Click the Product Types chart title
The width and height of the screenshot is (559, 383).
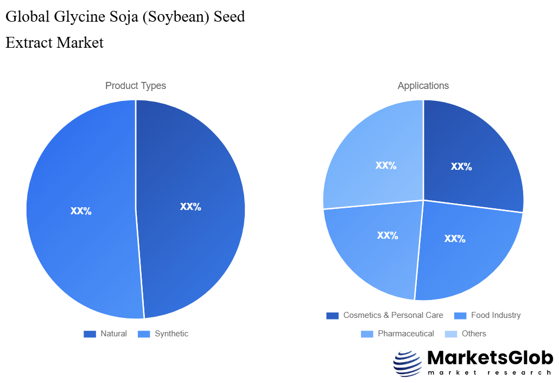(136, 86)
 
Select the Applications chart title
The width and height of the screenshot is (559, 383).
(423, 86)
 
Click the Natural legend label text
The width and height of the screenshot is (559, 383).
(113, 334)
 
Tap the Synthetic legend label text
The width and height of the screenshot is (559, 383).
(171, 334)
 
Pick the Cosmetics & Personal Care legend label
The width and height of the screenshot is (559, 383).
(393, 315)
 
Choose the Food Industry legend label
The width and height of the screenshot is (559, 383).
(496, 315)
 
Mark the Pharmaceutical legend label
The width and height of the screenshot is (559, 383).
(406, 334)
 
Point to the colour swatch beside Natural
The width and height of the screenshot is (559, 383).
(90, 334)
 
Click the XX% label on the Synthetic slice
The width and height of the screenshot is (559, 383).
(81, 211)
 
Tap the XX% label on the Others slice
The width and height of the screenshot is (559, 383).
(386, 165)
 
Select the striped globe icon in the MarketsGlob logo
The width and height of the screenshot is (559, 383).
(407, 363)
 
